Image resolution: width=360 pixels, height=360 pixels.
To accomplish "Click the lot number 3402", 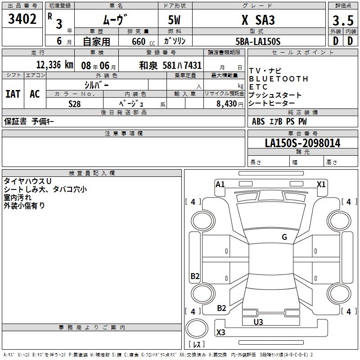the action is coord(22,19).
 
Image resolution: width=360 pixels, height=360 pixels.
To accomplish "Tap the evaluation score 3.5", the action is coord(342,20).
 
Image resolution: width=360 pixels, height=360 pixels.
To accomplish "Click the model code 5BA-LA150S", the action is coord(258,41).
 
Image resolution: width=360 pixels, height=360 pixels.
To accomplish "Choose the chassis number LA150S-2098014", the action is coord(302,143).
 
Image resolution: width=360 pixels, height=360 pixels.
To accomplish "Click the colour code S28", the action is coord(74,103).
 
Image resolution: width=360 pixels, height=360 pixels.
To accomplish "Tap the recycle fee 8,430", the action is coord(224,103).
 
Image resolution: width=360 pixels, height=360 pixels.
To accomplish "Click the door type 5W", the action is coord(175,20).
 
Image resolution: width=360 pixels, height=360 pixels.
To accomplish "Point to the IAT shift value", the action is coord(13,94).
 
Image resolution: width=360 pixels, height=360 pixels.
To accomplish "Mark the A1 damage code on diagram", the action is coord(220,184).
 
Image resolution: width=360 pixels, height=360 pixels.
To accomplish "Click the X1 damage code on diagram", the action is coord(321,184).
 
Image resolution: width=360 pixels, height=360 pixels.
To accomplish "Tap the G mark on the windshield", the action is coord(284,237).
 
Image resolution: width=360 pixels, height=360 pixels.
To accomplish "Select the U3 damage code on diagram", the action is coord(258,322).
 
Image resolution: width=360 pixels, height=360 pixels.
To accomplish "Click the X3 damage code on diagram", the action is coord(220,333).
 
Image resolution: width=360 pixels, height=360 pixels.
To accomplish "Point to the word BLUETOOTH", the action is coord(279,79).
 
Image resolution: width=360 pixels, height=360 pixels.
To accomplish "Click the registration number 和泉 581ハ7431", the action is coord(170,64).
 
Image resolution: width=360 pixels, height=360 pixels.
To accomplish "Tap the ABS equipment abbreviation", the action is coord(258,121).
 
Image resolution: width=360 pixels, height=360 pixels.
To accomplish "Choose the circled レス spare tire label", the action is coord(196,344).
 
